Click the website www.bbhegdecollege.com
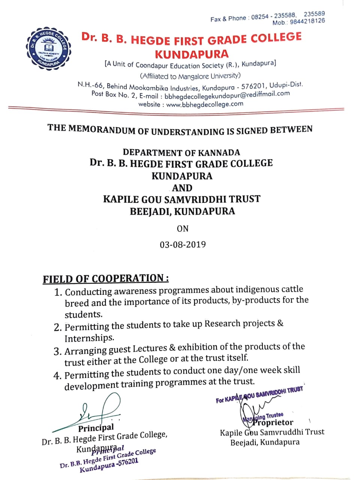205,105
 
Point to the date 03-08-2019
183,244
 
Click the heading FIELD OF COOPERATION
105,279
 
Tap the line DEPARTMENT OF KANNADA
181,152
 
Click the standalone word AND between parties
182,188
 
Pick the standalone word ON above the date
183,228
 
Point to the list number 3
57,352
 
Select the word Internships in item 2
89,338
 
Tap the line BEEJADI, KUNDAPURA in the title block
182,211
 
